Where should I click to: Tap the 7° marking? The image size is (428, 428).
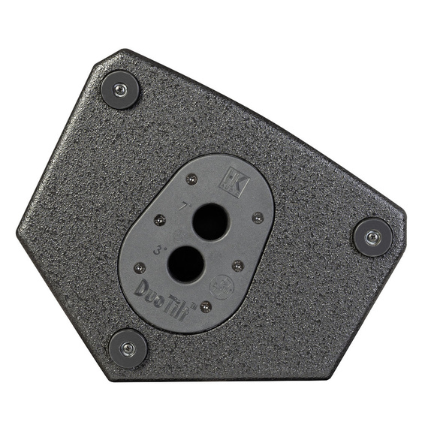point(183,203)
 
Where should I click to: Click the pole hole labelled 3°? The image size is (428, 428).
point(184,264)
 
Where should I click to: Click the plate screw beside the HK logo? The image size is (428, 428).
point(191,179)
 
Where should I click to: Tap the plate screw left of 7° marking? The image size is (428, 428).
point(159,220)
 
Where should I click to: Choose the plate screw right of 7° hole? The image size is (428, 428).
point(258,217)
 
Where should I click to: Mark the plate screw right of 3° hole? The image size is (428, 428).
point(237,265)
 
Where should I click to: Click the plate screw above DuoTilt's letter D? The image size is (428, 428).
point(139,267)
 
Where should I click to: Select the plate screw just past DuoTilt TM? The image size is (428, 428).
point(205,306)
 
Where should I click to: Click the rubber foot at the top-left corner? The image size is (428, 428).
point(120,90)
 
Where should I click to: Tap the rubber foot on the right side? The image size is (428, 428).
point(372,237)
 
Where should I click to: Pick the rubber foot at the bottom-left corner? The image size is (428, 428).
point(128,348)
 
